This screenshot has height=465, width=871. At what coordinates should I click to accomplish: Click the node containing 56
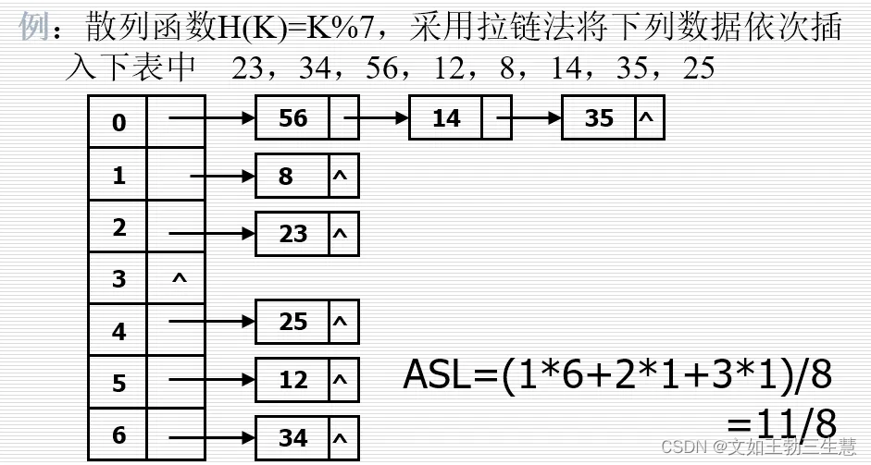pyautogui.click(x=292, y=118)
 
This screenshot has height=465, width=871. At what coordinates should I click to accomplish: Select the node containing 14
pyautogui.click(x=446, y=118)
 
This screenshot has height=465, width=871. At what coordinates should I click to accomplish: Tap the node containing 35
pyautogui.click(x=599, y=118)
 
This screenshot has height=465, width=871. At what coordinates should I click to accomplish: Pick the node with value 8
pyautogui.click(x=286, y=176)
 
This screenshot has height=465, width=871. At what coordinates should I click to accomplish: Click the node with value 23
pyautogui.click(x=292, y=233)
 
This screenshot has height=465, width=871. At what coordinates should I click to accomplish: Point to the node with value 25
pyautogui.click(x=292, y=322)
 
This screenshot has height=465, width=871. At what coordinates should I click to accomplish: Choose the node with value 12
pyautogui.click(x=292, y=379)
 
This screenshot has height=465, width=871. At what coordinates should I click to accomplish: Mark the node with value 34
pyautogui.click(x=292, y=436)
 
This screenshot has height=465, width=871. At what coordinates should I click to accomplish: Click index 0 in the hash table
pyautogui.click(x=118, y=122)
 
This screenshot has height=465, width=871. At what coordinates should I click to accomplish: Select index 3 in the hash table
pyautogui.click(x=118, y=278)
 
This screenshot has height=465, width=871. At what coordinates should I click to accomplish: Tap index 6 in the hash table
pyautogui.click(x=118, y=433)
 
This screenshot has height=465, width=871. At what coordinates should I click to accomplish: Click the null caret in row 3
pyautogui.click(x=179, y=276)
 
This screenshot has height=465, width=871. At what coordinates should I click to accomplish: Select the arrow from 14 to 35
pyautogui.click(x=530, y=118)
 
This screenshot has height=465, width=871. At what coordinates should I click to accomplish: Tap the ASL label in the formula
pyautogui.click(x=439, y=374)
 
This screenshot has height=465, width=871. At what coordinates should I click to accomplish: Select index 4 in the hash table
pyautogui.click(x=118, y=329)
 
